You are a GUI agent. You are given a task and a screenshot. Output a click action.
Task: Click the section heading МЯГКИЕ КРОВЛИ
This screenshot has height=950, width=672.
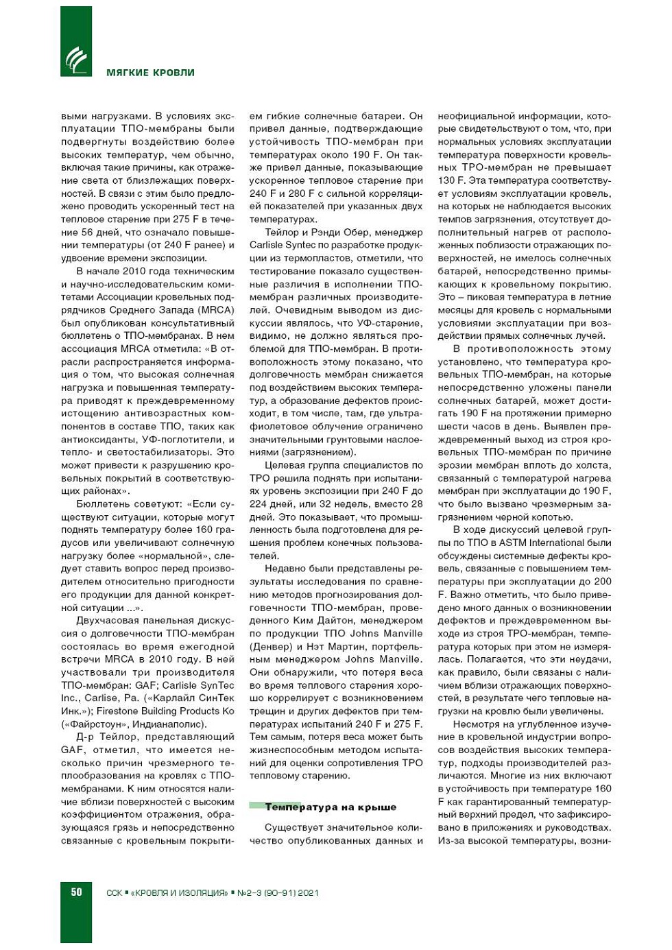(150, 73)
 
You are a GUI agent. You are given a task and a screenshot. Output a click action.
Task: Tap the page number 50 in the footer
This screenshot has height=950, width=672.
(76, 892)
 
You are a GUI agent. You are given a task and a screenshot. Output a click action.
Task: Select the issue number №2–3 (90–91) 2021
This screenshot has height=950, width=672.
(278, 892)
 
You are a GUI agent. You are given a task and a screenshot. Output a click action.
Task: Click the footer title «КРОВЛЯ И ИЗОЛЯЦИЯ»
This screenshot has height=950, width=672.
(179, 892)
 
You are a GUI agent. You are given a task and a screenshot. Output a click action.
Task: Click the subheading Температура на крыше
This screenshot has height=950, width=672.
(331, 807)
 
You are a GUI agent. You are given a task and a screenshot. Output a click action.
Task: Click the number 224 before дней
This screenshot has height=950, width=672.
(258, 504)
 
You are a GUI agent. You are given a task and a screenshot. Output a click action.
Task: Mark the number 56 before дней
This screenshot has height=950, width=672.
(87, 233)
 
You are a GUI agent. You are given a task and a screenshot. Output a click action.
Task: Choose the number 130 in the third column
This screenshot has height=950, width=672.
(447, 180)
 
